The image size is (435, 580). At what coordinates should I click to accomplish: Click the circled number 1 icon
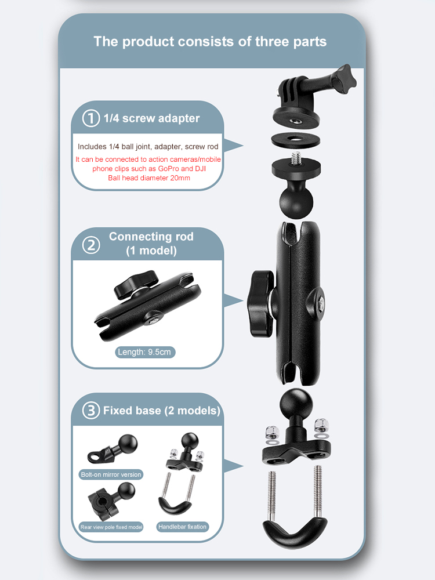click(91, 118)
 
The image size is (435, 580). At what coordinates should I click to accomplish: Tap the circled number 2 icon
click(91, 245)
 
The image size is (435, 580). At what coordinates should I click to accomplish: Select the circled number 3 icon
click(91, 410)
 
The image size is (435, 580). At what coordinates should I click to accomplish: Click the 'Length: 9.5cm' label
click(144, 352)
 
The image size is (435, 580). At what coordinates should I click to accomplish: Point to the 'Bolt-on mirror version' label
click(111, 474)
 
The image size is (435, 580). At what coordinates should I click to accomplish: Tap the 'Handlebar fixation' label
click(182, 527)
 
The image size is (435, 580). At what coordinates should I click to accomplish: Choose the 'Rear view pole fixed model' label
click(111, 527)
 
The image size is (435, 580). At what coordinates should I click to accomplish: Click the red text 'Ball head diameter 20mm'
click(149, 178)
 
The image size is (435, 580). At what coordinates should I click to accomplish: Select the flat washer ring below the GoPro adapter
click(296, 140)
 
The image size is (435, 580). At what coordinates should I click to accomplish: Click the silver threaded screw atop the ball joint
click(296, 158)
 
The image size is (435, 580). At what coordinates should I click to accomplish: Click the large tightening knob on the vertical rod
click(261, 303)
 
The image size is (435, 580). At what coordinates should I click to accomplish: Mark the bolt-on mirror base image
click(113, 448)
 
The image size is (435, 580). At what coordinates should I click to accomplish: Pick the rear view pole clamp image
click(111, 501)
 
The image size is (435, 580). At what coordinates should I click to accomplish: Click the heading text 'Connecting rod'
click(151, 237)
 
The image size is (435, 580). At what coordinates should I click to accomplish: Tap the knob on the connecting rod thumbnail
click(136, 284)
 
